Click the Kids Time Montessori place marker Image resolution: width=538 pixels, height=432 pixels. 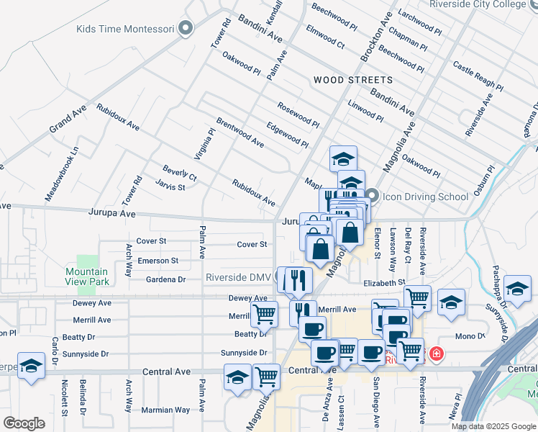click(186, 29)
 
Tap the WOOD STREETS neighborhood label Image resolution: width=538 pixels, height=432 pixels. click(352, 80)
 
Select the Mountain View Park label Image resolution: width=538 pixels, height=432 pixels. click(87, 276)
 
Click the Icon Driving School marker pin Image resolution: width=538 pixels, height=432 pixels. click(372, 195)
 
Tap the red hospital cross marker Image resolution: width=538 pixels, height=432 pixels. click(437, 354)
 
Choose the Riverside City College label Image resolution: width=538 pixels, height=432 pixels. click(488, 4)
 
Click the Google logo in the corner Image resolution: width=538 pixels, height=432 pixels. click(24, 423)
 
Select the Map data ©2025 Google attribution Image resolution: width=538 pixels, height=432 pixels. click(493, 426)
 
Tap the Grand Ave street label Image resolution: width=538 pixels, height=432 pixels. click(68, 119)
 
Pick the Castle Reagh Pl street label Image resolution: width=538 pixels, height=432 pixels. click(478, 76)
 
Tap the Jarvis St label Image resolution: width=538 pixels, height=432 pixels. click(170, 187)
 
